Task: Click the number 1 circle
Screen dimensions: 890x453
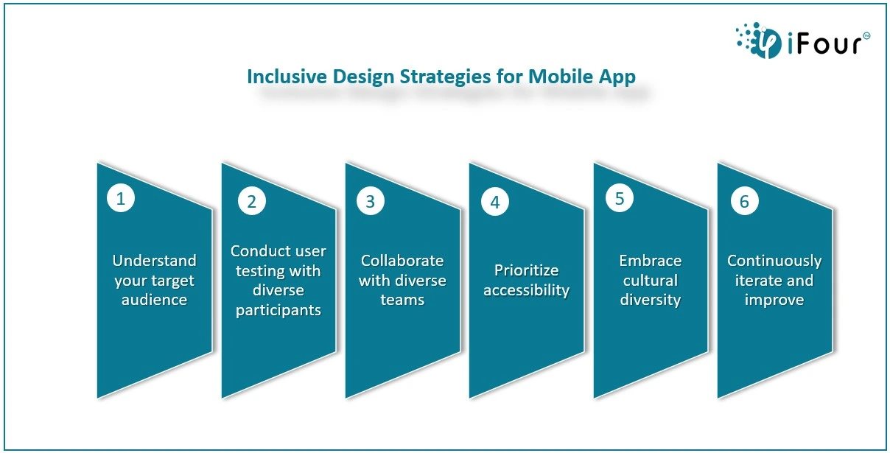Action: pos(121,198)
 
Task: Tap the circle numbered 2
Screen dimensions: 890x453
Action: pos(251,202)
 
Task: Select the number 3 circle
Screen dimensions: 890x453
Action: pos(371,202)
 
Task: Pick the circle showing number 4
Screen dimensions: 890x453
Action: pos(494,202)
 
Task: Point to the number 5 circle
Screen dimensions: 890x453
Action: pos(620,198)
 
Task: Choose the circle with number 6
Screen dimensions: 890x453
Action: pos(745,202)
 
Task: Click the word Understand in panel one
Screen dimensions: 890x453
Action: pos(154,261)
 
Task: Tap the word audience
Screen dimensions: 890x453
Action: pos(154,300)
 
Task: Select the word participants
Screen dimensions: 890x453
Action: pos(278,310)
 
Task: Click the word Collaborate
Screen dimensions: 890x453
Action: pos(402,261)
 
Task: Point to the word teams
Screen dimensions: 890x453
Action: pos(402,300)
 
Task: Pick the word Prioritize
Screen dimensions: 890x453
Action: pos(527,270)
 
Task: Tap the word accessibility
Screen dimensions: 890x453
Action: pos(527,290)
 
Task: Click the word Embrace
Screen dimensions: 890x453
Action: pos(651,261)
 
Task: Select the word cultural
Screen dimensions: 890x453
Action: pos(651,281)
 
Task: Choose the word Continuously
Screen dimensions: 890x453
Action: pos(774,261)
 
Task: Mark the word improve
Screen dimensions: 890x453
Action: pos(774,300)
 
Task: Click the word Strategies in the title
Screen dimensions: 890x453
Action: pos(445,77)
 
